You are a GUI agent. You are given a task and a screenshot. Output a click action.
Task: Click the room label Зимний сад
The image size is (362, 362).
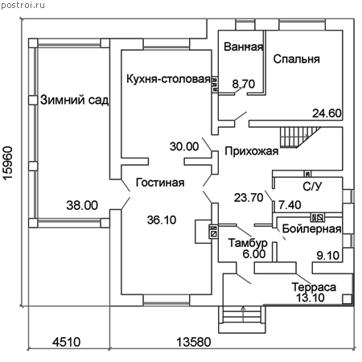tap(75, 100)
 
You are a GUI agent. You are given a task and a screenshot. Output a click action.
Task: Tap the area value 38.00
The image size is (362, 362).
tap(82, 205)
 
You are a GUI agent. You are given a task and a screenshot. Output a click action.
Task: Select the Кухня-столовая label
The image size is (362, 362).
tap(168, 79)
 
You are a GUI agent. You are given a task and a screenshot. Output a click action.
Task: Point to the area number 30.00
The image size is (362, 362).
tap(184, 146)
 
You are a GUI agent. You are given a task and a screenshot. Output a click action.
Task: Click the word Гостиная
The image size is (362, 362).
tap(160, 183)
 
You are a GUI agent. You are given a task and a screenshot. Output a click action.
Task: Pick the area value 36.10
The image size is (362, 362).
tap(162, 220)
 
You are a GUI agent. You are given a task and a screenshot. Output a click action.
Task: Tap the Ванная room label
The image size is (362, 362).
tap(243, 47)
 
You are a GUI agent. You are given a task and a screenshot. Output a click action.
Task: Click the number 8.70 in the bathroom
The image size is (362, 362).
tap(244, 84)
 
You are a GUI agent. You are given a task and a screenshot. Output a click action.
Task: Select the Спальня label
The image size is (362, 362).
tap(296, 59)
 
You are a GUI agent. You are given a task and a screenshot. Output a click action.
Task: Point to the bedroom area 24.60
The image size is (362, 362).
tap(327, 113)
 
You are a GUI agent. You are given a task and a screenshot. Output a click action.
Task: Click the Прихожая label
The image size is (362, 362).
tap(252, 151)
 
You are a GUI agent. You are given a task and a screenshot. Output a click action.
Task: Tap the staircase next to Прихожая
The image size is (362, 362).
tap(300, 138)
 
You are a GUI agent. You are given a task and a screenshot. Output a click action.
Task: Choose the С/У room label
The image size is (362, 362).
tap(312, 187)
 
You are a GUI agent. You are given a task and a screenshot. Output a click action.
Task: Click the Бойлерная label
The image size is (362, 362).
tap(311, 229)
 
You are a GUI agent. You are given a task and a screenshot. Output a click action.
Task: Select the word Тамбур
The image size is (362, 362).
tap(248, 243)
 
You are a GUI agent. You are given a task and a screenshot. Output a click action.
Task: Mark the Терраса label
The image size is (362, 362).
tap(314, 287)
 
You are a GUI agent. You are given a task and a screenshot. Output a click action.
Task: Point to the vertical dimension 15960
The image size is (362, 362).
tap(8, 163)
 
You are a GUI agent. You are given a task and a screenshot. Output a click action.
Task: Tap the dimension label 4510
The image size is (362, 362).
tap(67, 342)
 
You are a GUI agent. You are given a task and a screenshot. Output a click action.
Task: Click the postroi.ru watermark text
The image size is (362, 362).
tap(23, 5)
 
